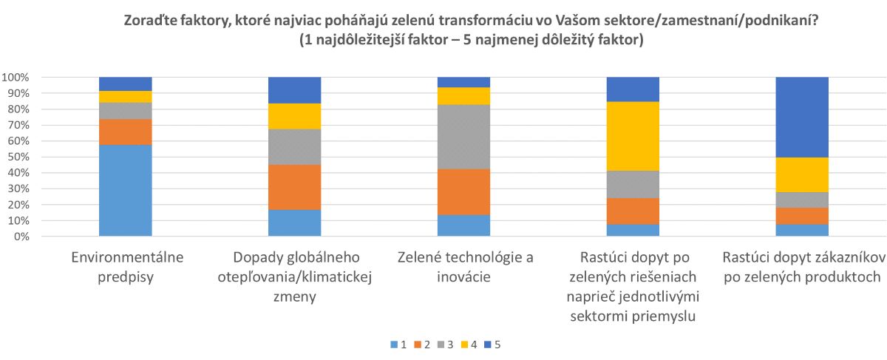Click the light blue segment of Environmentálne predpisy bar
(x=125, y=190)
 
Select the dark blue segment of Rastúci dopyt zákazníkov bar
(x=802, y=117)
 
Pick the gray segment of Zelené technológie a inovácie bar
(x=463, y=137)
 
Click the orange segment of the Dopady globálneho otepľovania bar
(x=294, y=187)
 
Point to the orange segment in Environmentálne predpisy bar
(x=125, y=132)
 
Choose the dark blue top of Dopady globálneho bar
(x=294, y=89)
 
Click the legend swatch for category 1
(x=392, y=344)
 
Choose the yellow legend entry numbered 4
(x=470, y=344)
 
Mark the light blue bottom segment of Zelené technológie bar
(x=463, y=225)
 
